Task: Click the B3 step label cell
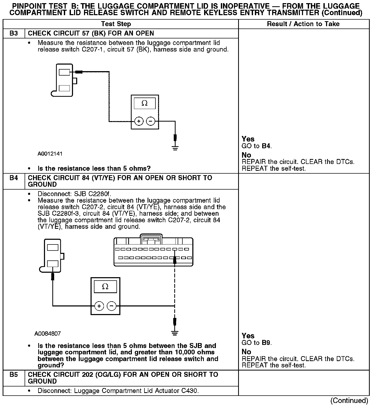click(x=14, y=33)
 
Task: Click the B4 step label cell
click(x=14, y=178)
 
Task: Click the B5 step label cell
click(x=14, y=375)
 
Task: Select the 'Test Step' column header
click(x=116, y=24)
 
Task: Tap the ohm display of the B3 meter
click(x=145, y=103)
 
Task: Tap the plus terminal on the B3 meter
click(x=139, y=121)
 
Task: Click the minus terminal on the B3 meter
click(x=150, y=121)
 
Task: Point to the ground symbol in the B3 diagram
click(x=175, y=148)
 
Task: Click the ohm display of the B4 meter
click(x=105, y=287)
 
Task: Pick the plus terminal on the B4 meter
click(x=99, y=306)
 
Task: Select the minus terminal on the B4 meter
click(x=111, y=306)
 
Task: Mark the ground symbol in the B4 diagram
click(x=175, y=333)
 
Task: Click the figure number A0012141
click(x=50, y=154)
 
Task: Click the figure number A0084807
click(x=47, y=334)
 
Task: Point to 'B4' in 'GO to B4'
click(x=266, y=146)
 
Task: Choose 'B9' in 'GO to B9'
click(x=266, y=343)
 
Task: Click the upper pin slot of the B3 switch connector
click(x=64, y=72)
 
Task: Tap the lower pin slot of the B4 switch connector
click(x=53, y=263)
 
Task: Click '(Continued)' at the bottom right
click(x=349, y=401)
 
